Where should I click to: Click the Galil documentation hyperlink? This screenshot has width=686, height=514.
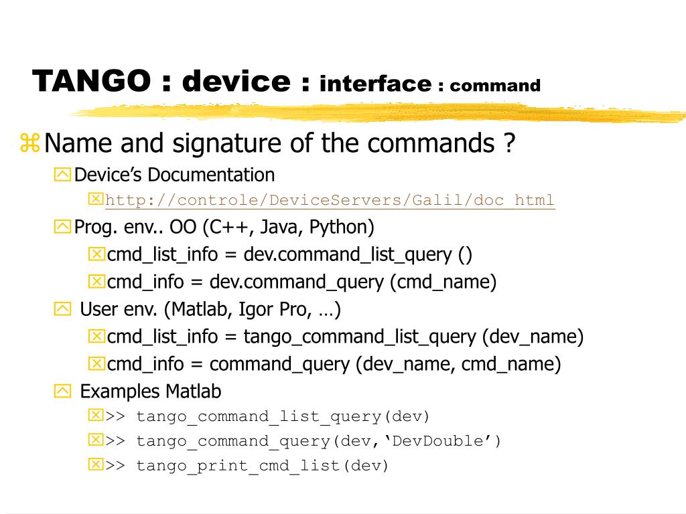(x=330, y=200)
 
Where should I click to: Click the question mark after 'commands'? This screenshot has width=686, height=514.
(x=510, y=143)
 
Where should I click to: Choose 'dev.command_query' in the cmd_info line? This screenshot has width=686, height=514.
(x=298, y=282)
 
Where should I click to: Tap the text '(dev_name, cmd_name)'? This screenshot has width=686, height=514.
(x=458, y=364)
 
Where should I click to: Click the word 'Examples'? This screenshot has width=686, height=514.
(x=120, y=391)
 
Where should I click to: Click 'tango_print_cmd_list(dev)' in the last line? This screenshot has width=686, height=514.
(x=263, y=466)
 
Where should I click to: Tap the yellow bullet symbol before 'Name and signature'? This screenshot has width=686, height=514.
(x=30, y=143)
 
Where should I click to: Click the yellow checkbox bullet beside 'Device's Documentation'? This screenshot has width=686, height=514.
(x=62, y=175)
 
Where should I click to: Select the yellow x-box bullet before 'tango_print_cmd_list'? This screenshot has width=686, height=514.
(x=96, y=464)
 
